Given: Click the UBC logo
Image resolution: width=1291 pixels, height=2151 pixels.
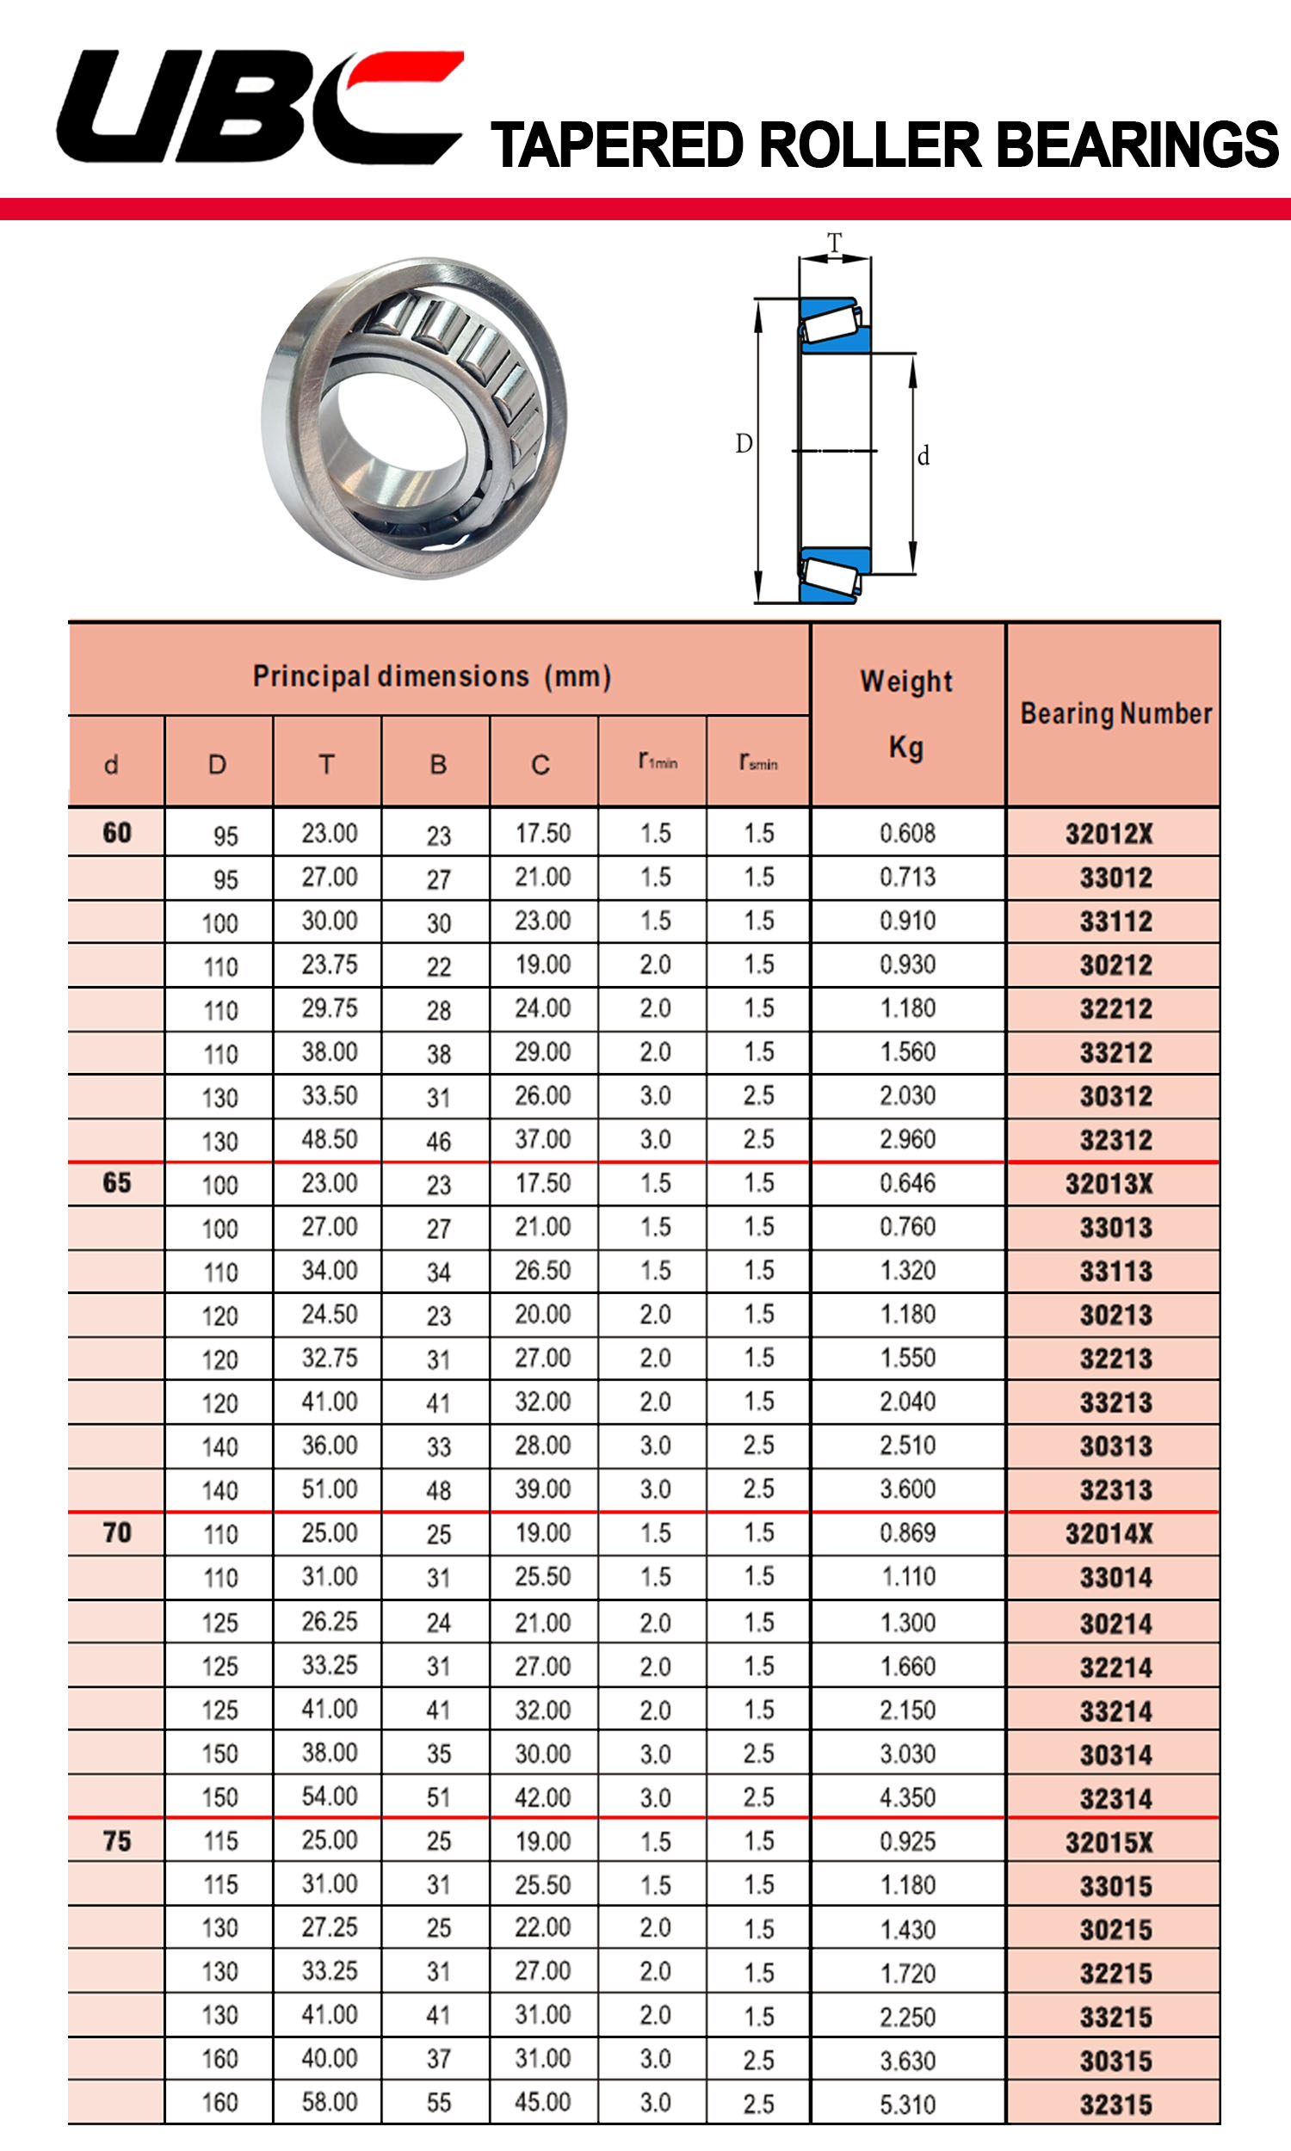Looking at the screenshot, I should (259, 107).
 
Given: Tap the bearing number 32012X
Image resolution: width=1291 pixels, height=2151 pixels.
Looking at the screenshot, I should (1109, 835).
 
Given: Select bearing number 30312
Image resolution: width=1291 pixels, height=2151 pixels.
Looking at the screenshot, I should (1115, 1096).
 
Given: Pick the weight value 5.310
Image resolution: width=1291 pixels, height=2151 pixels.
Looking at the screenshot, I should (907, 2104).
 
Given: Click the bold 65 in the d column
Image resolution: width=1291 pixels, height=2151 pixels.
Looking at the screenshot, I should (116, 1183).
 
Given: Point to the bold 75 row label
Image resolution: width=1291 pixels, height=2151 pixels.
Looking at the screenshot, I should (116, 1840).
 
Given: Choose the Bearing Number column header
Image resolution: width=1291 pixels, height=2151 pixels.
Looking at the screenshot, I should (1115, 714).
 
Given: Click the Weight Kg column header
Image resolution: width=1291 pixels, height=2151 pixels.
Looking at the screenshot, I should (906, 714).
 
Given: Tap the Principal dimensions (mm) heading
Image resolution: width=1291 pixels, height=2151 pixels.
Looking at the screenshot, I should (431, 676).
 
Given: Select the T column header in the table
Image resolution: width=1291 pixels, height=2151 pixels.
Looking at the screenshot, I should (326, 765).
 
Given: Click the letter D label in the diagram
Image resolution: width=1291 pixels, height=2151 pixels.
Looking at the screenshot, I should (744, 443).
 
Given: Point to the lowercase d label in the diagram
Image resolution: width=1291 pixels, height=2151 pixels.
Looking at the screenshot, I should (923, 456).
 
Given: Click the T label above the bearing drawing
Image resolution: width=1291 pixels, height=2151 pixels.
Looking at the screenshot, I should (834, 243).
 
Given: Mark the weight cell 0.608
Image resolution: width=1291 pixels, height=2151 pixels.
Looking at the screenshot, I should (907, 834).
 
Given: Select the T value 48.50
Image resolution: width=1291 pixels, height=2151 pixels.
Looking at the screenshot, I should (329, 1139).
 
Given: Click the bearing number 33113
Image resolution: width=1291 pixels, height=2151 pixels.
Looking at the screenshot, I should (1115, 1271).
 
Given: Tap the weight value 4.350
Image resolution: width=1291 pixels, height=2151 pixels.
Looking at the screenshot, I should (907, 1797).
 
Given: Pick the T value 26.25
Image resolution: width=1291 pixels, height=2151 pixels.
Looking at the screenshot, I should (329, 1622).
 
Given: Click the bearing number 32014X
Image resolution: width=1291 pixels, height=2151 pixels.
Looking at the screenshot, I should (1109, 1534).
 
